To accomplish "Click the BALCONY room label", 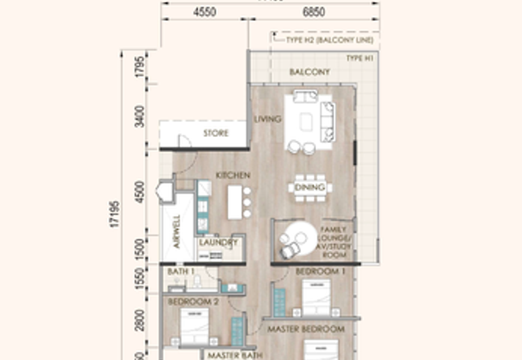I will (309, 72).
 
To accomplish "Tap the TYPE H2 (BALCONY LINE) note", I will (329, 40).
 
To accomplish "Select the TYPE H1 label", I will (359, 59).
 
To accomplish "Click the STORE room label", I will (215, 134).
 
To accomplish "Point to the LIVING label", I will (268, 119).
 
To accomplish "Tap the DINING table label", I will (310, 188).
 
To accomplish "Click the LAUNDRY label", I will (219, 243).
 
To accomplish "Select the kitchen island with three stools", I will (236, 201).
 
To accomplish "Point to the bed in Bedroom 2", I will (194, 326).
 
